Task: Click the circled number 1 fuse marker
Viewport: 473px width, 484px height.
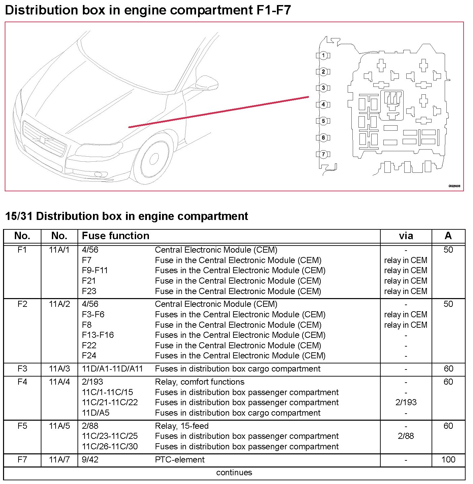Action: click(323, 55)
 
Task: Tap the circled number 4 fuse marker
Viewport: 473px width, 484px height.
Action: click(323, 104)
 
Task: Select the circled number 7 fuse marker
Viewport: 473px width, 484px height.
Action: click(323, 154)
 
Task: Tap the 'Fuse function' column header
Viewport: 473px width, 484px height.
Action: click(116, 236)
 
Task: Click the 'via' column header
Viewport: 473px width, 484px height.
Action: click(406, 236)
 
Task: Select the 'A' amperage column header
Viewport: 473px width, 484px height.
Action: click(448, 236)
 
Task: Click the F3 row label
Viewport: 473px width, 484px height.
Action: click(22, 369)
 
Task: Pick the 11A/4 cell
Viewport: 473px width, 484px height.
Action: click(59, 382)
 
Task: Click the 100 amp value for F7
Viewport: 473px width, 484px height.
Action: click(448, 460)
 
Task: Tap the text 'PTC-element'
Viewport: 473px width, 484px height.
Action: click(180, 460)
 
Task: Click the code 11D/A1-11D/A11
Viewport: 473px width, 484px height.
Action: click(113, 369)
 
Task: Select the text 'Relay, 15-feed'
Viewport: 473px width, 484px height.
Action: click(182, 426)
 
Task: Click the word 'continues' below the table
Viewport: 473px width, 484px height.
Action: click(234, 473)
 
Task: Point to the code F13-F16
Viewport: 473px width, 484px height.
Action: click(98, 335)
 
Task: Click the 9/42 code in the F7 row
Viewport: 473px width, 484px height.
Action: click(90, 460)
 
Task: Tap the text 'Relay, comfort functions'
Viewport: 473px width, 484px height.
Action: click(199, 382)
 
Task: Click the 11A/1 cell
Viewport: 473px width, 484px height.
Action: click(59, 250)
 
